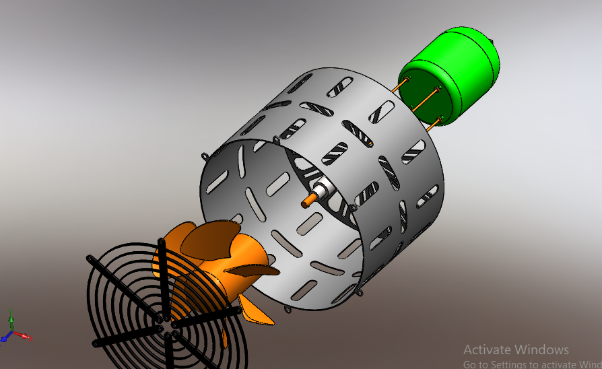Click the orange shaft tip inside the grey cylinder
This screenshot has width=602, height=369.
click(x=308, y=200)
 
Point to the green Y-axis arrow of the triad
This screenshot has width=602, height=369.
click(x=11, y=318)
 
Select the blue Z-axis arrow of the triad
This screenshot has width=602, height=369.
click(x=6, y=337)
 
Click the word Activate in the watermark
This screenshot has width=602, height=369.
click(x=487, y=349)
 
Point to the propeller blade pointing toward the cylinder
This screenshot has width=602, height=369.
click(x=256, y=270)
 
